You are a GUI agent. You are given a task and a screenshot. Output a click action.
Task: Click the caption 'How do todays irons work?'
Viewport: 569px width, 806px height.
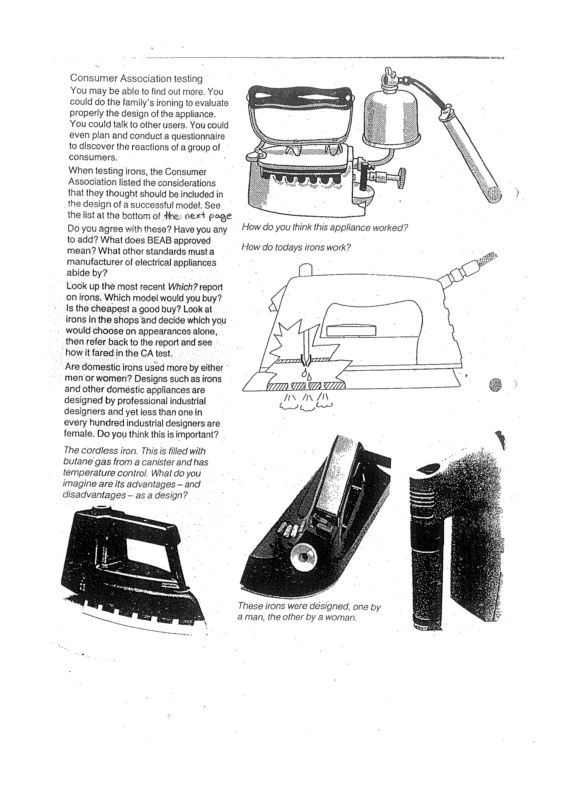click(x=296, y=248)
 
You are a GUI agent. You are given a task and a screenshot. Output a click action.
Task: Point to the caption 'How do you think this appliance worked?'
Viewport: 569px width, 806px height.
click(x=325, y=228)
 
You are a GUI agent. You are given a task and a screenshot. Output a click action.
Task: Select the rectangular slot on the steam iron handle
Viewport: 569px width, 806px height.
click(x=351, y=331)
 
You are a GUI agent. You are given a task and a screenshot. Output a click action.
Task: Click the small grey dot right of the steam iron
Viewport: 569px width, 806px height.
click(x=495, y=385)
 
